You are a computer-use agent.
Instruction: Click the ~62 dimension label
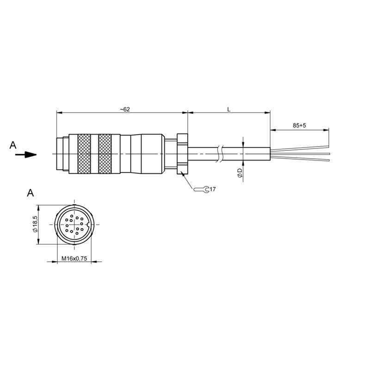coord(125,110)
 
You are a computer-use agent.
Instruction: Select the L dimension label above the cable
coord(228,110)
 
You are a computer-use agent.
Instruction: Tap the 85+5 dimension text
coord(299,125)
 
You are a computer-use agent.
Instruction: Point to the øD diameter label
coord(240,173)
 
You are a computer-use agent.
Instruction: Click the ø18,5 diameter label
coord(35,224)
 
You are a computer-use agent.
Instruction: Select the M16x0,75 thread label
coord(74,259)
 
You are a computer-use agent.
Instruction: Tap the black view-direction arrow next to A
coord(26,155)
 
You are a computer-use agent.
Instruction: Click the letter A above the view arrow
coord(13,145)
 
